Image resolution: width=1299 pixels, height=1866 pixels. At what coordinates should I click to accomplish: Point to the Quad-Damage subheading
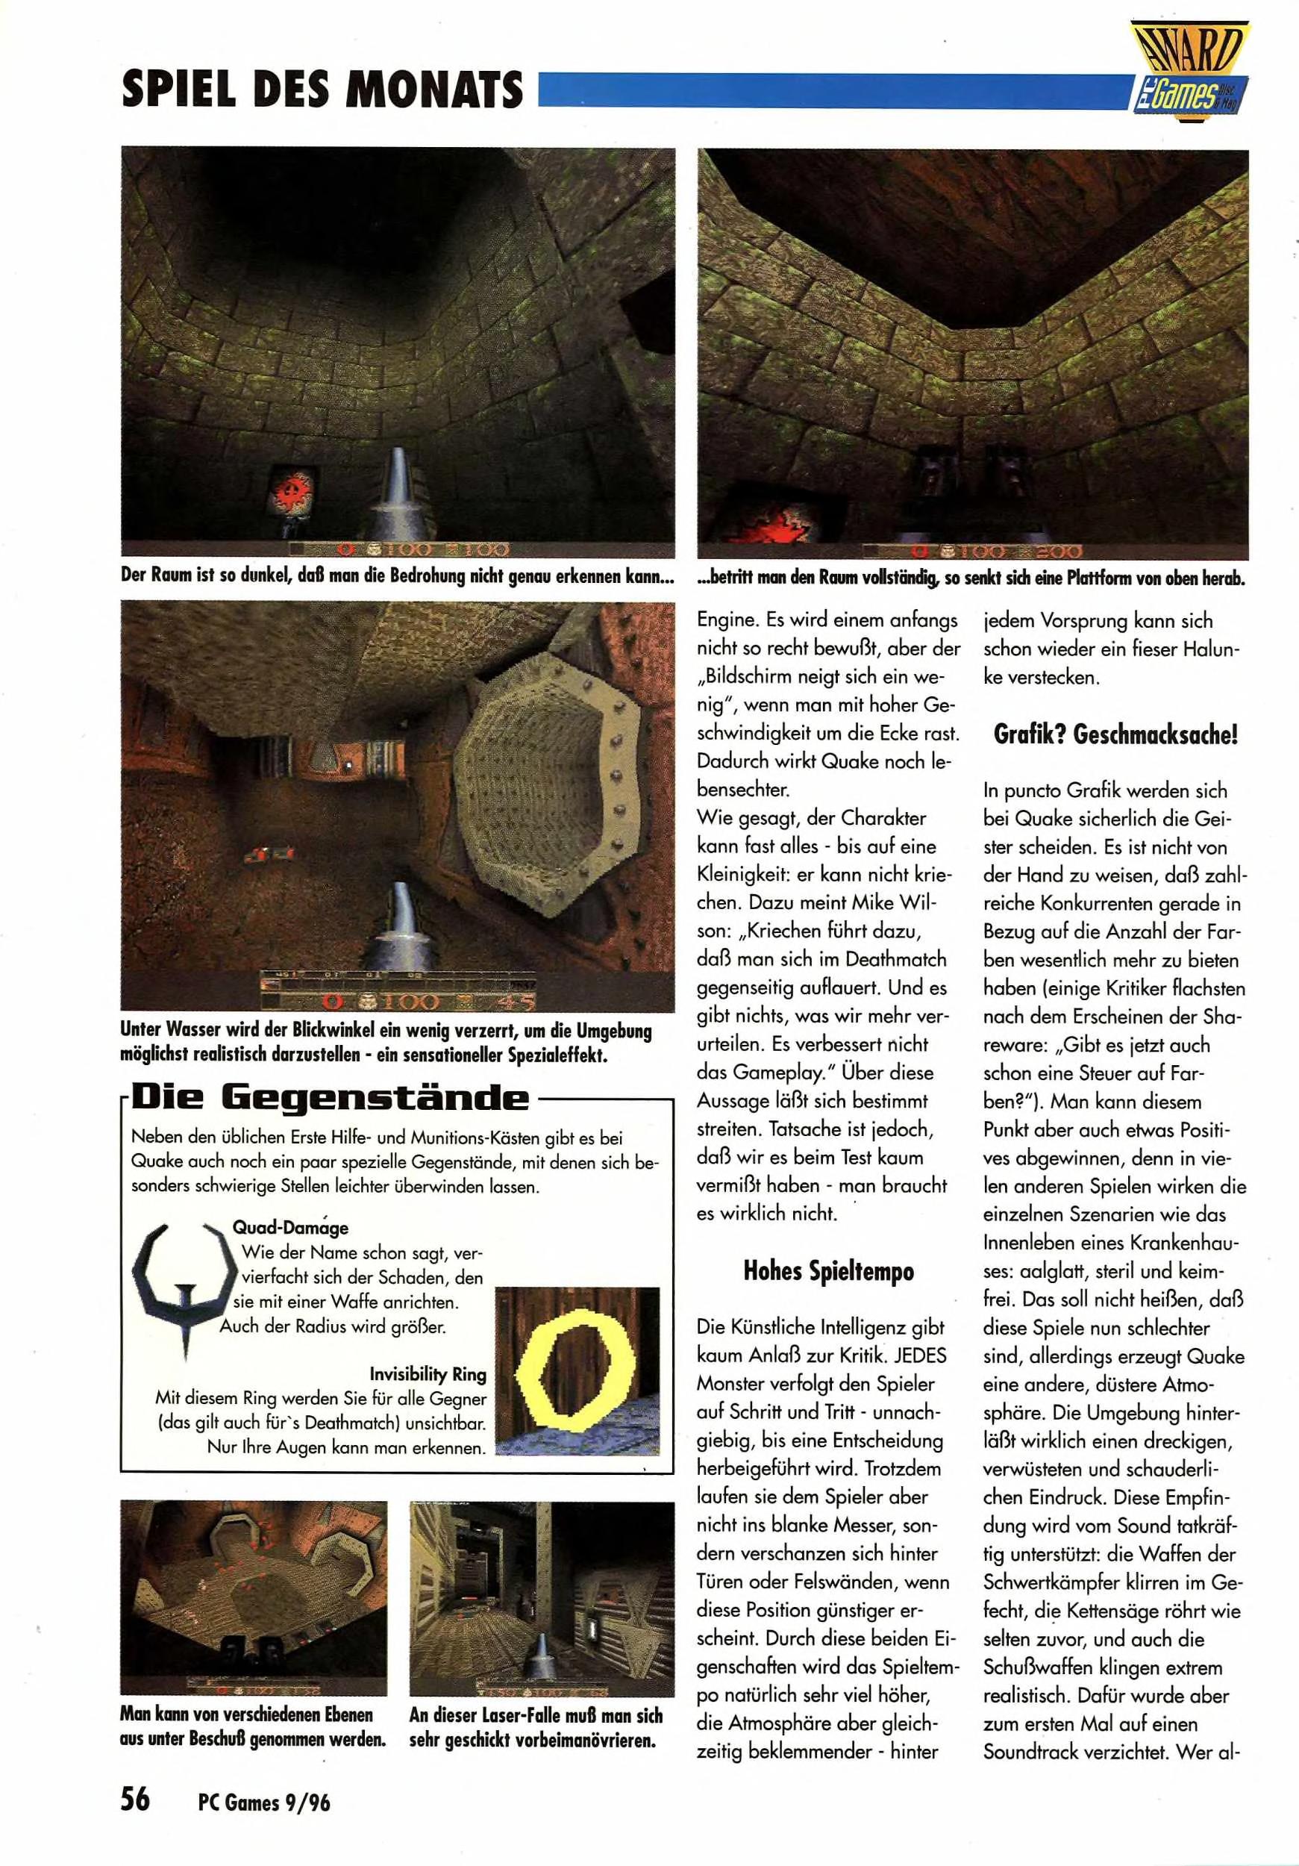point(290,1228)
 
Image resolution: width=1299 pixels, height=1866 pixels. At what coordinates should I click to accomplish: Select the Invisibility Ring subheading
point(428,1374)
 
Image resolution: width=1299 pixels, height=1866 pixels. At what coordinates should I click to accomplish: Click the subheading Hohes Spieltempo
point(827,1272)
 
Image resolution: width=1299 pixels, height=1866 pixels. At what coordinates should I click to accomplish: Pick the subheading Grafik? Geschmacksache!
point(1115,734)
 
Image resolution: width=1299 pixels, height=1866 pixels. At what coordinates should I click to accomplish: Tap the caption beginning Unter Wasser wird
point(385,1043)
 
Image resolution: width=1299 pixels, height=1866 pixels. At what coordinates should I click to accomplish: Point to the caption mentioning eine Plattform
point(971,578)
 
